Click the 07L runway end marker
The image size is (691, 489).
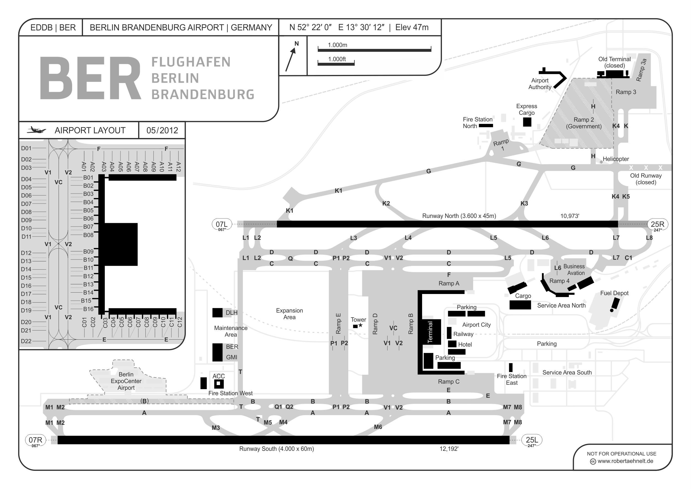tap(221, 225)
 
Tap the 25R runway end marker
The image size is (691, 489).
tap(657, 225)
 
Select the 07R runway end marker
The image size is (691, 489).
tap(35, 441)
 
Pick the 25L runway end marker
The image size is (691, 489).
tap(532, 441)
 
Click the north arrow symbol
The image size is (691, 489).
tap(291, 59)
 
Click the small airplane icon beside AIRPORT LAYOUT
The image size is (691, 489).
tap(36, 130)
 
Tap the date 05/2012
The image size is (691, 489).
tap(162, 130)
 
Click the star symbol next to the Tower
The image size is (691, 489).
tap(360, 326)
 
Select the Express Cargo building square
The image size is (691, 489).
tap(527, 122)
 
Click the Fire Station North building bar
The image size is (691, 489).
tap(486, 126)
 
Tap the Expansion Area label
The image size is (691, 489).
tap(289, 314)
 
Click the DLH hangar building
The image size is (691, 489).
tap(217, 313)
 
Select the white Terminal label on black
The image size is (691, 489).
tap(430, 332)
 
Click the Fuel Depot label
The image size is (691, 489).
tap(614, 293)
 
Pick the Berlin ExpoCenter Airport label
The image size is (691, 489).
tap(126, 381)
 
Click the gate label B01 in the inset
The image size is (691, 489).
tap(88, 178)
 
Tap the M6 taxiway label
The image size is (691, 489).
tap(378, 427)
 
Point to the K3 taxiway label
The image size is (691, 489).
tap(524, 204)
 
